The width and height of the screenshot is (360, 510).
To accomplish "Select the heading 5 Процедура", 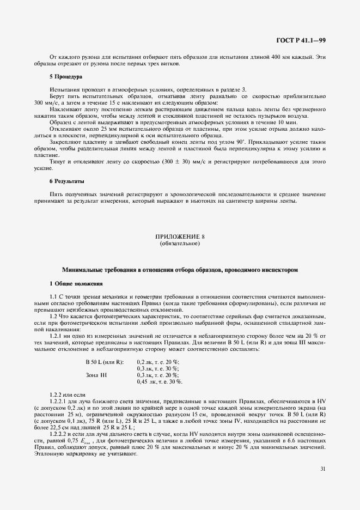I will click(66, 77).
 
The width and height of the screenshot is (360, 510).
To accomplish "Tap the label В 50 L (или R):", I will click(105, 362).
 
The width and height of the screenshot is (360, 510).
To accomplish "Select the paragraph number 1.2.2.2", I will click(59, 434).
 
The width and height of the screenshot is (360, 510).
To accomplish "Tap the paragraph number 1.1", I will click(54, 296).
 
